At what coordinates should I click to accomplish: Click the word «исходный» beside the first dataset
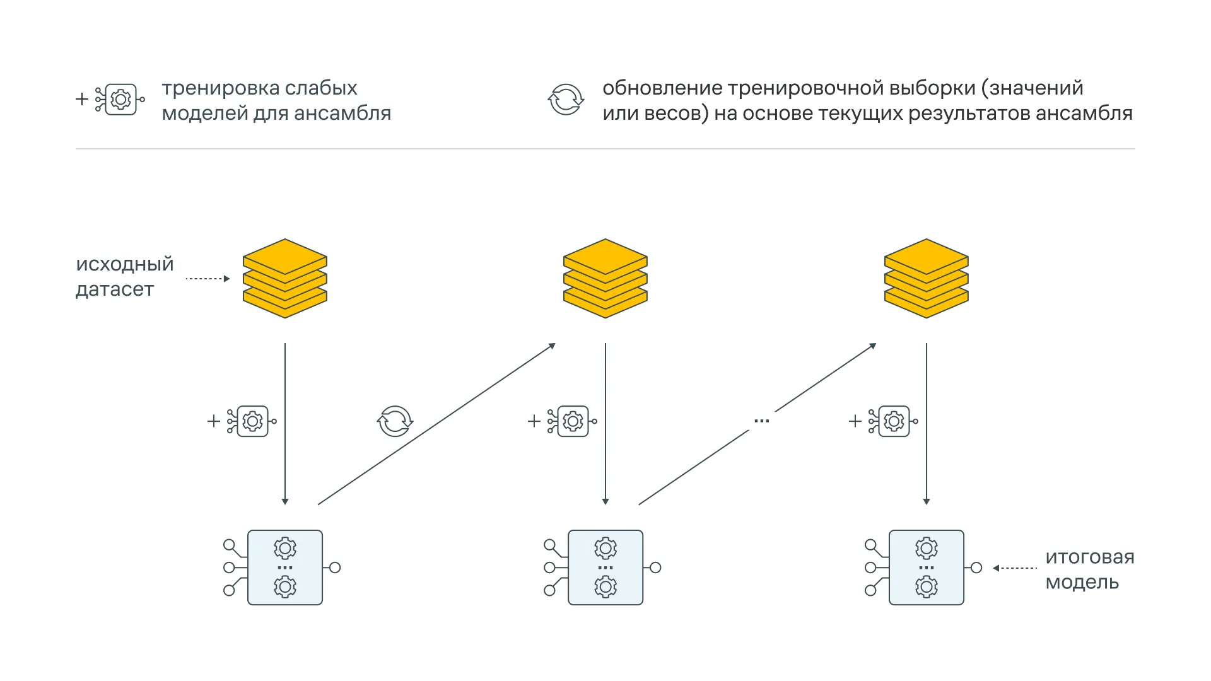tap(125, 264)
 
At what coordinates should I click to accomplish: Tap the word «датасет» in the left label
tap(115, 289)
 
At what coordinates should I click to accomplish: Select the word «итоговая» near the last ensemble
tap(1090, 557)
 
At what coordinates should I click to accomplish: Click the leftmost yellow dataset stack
tap(285, 278)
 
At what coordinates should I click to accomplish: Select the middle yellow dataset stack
tap(605, 278)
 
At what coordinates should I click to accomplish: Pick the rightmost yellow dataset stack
tap(927, 278)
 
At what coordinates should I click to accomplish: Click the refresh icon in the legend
tap(566, 100)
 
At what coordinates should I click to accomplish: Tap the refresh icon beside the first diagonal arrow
tap(395, 421)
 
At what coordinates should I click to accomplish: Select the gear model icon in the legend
tap(120, 99)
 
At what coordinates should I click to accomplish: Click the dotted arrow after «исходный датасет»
tap(208, 279)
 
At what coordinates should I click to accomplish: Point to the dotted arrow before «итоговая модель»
tap(1015, 568)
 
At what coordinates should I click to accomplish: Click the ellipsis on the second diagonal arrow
tap(762, 421)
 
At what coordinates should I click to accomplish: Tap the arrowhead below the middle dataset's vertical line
tap(605, 501)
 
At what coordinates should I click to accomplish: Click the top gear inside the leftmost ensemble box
tap(285, 549)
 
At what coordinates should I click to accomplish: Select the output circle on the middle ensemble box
tap(656, 567)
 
